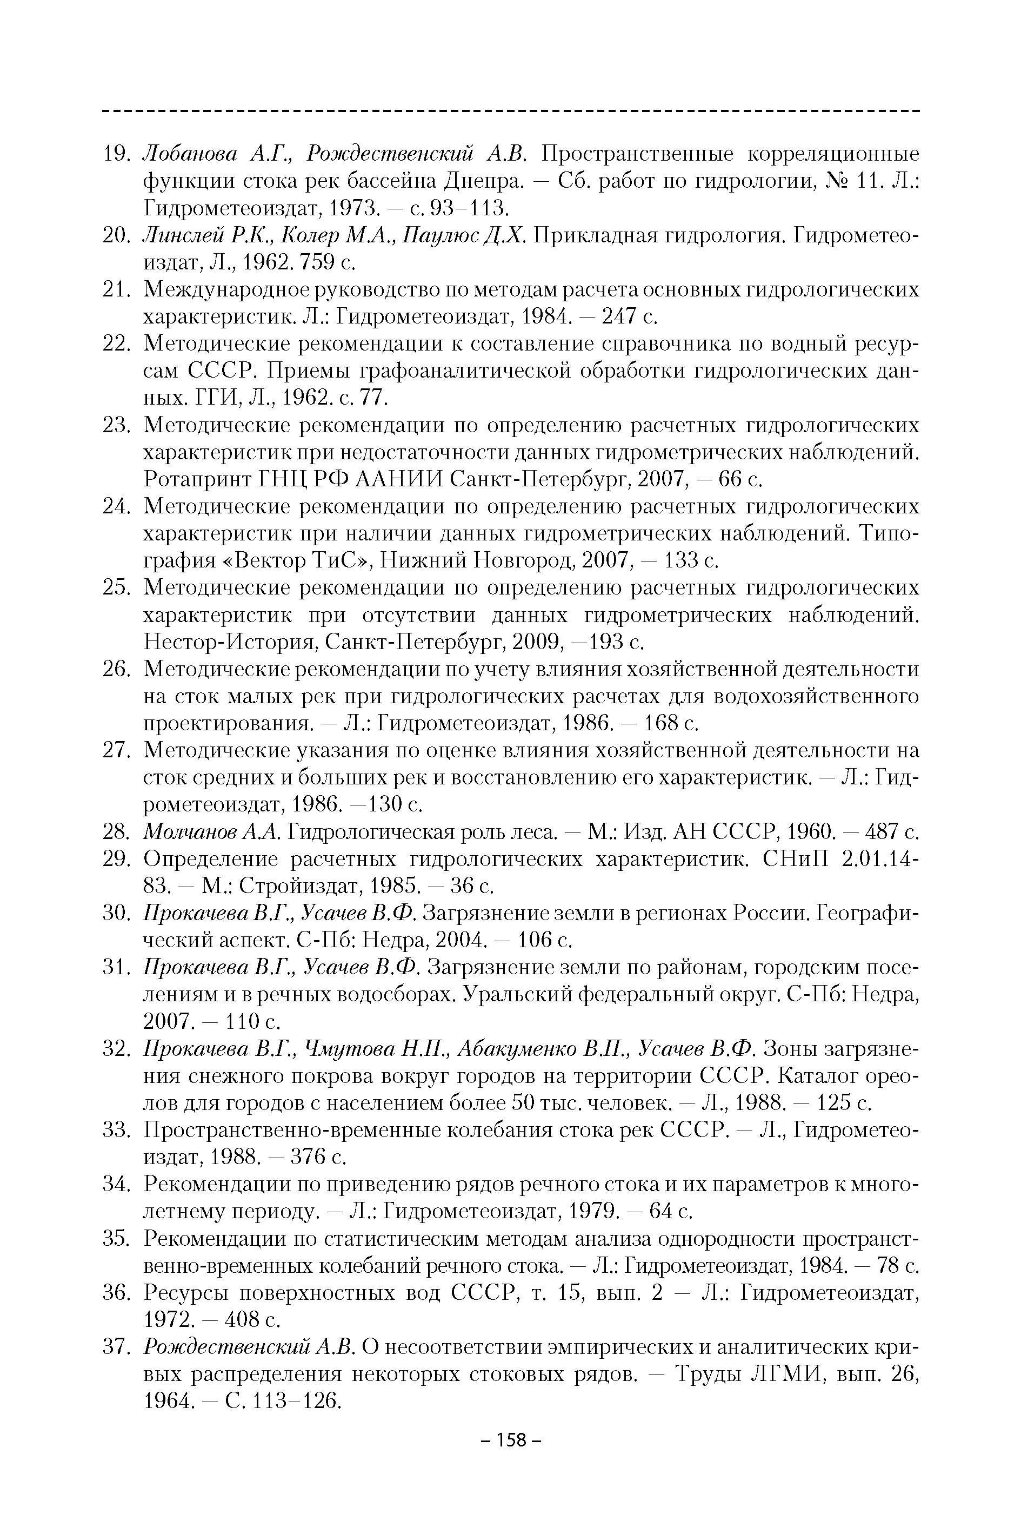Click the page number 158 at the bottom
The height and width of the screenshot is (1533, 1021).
510,1440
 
